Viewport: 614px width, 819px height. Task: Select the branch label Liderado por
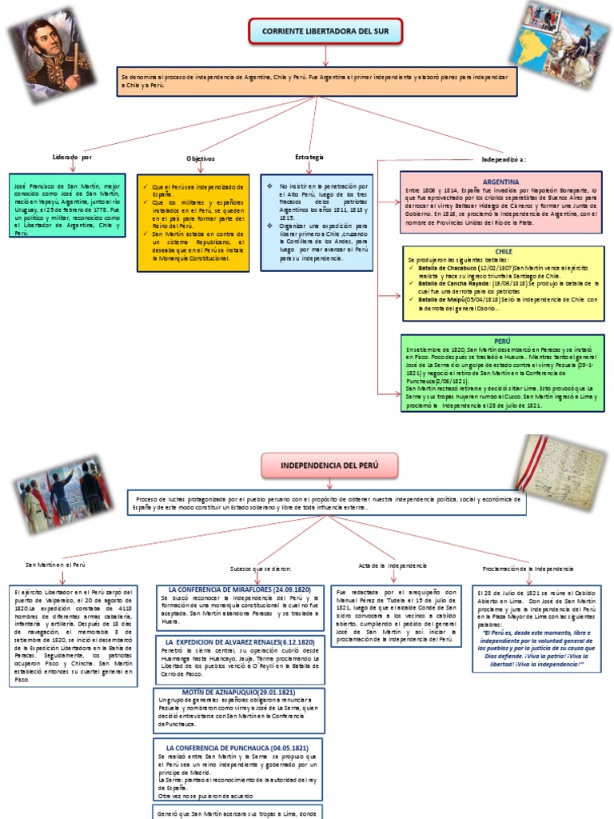click(x=72, y=158)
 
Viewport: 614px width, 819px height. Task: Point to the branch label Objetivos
click(x=201, y=158)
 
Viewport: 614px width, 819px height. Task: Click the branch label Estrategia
click(x=309, y=157)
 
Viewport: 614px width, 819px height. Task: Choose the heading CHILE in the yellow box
click(x=504, y=251)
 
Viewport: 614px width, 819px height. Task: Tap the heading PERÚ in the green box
click(x=503, y=340)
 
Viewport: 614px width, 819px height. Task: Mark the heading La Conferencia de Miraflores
click(x=239, y=589)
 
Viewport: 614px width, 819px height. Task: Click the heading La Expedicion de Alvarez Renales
click(x=239, y=642)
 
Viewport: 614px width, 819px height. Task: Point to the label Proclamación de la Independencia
click(x=528, y=568)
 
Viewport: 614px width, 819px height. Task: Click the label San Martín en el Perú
click(x=55, y=565)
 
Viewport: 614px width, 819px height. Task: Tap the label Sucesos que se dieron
click(x=261, y=569)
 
